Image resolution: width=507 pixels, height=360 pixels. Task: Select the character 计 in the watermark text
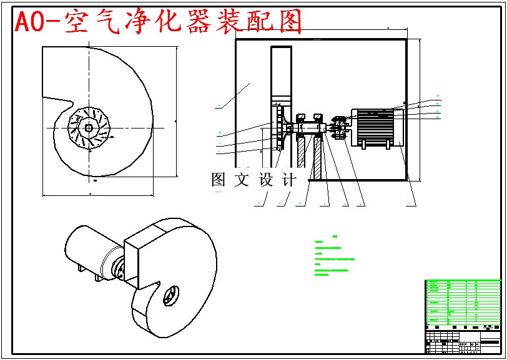[x=288, y=180]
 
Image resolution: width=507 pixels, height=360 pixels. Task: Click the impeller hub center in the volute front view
[x=89, y=129]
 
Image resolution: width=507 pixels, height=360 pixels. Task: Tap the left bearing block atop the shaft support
[x=300, y=117]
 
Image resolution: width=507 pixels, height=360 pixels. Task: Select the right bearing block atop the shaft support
[x=318, y=117]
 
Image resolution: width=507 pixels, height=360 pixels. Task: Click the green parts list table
[x=462, y=303]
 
